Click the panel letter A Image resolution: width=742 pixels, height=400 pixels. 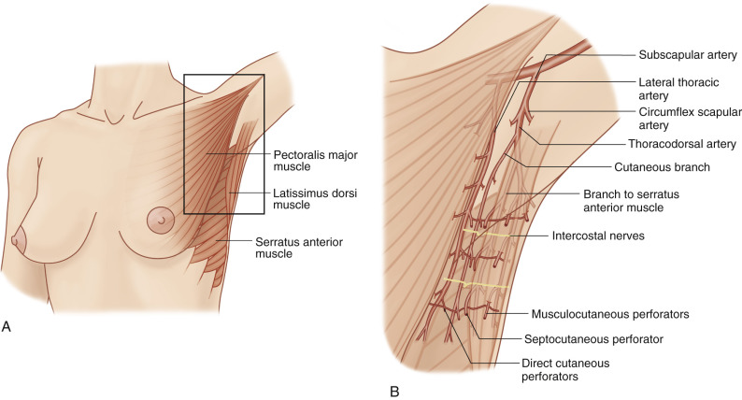7,326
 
